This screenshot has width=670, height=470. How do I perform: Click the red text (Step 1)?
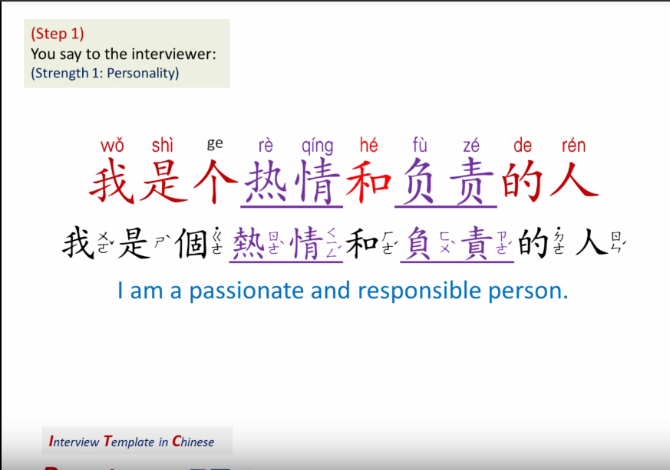58,34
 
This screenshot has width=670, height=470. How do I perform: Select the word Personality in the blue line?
144,74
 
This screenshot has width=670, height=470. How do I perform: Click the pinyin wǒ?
112,145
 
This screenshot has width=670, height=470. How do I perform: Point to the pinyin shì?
163,145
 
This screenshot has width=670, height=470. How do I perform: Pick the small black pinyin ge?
215,143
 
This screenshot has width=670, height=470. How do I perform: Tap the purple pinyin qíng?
317,146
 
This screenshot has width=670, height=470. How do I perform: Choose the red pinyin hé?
368,145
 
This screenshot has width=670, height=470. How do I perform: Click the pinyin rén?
573,145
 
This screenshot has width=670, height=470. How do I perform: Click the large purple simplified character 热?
266,182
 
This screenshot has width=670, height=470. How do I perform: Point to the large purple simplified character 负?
420,182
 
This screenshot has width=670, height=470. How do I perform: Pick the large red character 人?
574,182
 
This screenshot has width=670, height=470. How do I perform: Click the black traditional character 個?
191,243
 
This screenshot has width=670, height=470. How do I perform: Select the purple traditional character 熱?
246,243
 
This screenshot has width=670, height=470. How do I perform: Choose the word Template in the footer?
130,442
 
